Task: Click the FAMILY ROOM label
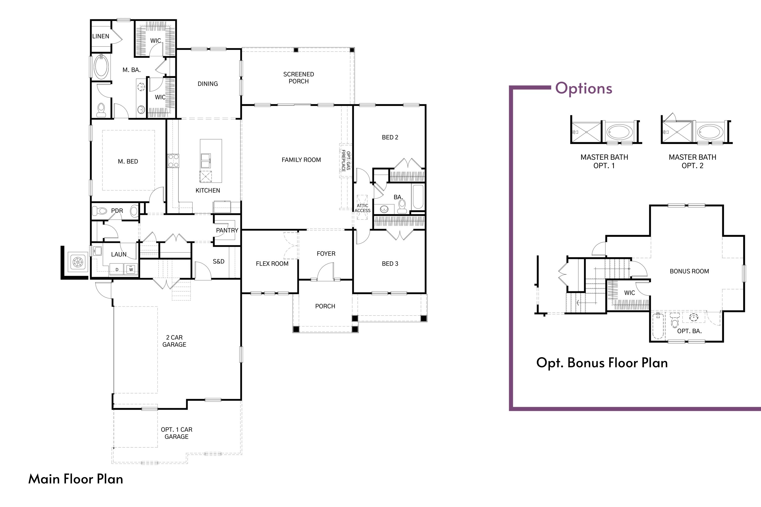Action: [301, 160]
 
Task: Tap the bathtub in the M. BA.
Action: [101, 67]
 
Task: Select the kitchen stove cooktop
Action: [174, 161]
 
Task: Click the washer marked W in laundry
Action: [131, 269]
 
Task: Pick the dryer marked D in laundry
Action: [117, 269]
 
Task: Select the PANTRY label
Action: [227, 230]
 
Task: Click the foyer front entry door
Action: [325, 272]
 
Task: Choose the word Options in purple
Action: [583, 88]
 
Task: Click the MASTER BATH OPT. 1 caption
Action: [604, 161]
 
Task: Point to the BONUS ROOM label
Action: [689, 271]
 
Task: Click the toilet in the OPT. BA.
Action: [674, 322]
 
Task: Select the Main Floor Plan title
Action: [76, 479]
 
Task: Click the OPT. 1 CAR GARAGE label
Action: [176, 433]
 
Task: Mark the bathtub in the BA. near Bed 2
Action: [418, 197]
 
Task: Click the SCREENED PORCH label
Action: [298, 78]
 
